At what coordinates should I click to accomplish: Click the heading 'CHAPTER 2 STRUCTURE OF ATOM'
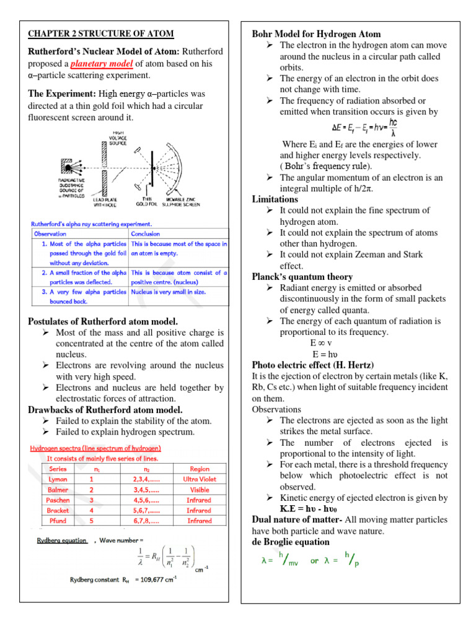coord(100,33)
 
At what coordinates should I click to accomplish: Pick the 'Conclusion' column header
coord(146,234)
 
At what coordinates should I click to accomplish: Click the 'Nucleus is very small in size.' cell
coord(168,292)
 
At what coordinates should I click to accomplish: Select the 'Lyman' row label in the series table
coord(58,479)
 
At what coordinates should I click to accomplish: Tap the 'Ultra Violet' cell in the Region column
coord(199,479)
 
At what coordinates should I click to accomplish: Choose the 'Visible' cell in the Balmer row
coord(199,490)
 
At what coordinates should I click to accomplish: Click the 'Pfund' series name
coord(58,521)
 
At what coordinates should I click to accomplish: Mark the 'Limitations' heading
coord(275,199)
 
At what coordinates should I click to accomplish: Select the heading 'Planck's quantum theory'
coord(302,277)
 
